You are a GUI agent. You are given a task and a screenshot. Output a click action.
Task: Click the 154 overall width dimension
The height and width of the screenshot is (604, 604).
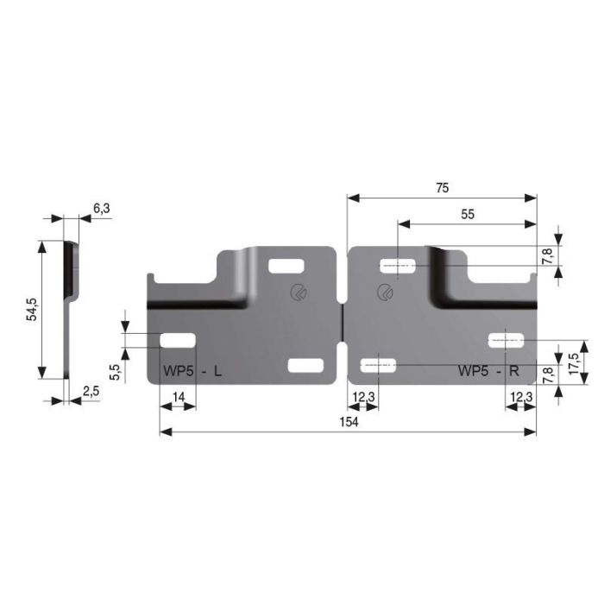point(349,422)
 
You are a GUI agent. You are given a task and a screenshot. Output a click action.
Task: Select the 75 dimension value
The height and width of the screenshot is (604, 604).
point(442,187)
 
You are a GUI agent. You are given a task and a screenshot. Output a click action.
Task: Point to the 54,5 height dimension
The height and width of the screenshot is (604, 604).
point(32,309)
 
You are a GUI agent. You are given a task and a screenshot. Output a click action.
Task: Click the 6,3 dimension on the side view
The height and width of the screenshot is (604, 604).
point(101,207)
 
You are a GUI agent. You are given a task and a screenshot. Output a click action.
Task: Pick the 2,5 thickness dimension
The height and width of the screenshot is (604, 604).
point(91,392)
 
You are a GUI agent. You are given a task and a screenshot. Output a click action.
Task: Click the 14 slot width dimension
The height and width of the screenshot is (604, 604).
point(179,396)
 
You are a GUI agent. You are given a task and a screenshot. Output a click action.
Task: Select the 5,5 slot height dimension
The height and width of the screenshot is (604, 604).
point(114,372)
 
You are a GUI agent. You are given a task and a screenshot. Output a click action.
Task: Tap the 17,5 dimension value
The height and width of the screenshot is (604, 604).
point(573,355)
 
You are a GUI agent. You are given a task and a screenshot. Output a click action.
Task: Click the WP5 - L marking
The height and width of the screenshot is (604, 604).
point(192,372)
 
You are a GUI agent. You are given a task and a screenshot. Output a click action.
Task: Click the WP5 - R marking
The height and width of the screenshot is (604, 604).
point(488,372)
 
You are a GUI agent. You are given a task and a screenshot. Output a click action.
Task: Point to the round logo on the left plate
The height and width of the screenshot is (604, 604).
point(299,293)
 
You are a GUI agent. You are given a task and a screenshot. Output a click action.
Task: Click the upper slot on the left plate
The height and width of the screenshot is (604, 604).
point(286,267)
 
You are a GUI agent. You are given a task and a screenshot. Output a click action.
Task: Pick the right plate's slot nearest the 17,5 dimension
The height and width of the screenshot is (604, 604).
point(506,340)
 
